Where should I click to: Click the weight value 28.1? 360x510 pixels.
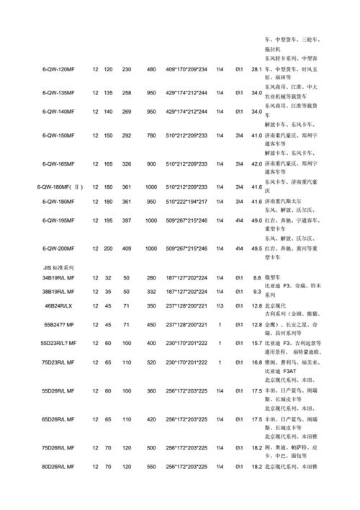click(x=256, y=69)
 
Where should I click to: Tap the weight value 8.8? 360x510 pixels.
click(x=257, y=277)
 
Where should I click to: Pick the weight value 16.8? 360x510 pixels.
click(x=256, y=362)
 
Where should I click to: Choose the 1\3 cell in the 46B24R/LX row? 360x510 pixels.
click(x=220, y=305)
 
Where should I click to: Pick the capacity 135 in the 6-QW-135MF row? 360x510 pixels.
click(x=108, y=93)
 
